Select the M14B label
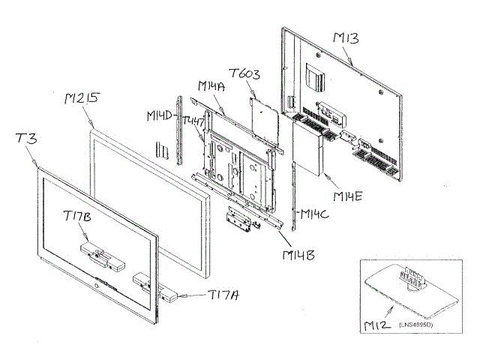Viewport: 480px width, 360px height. (299, 255)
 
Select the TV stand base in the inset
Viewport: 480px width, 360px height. (409, 289)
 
